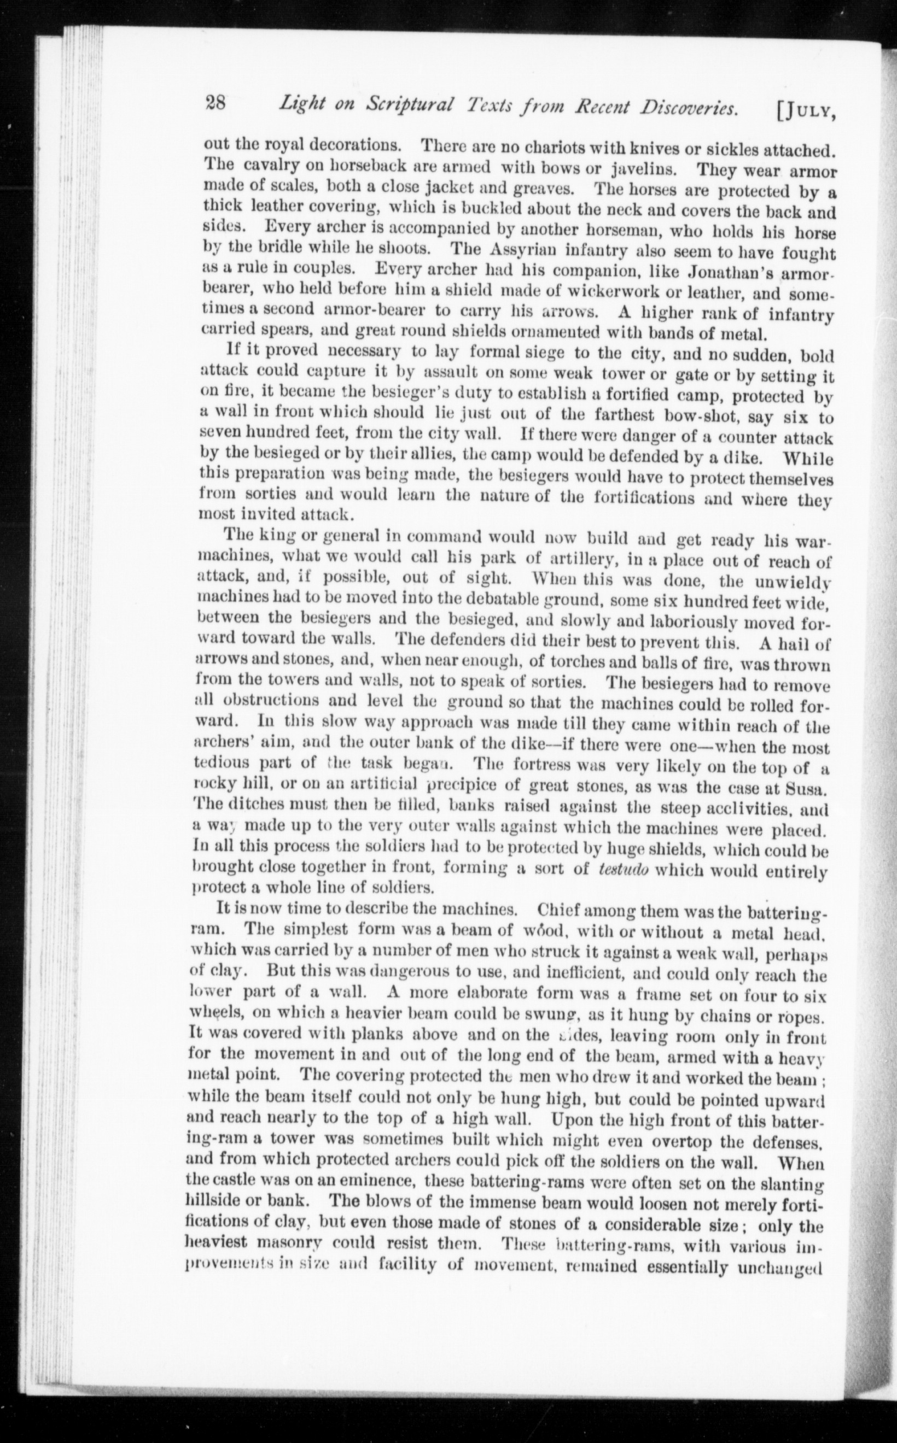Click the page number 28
pos(213,104)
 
